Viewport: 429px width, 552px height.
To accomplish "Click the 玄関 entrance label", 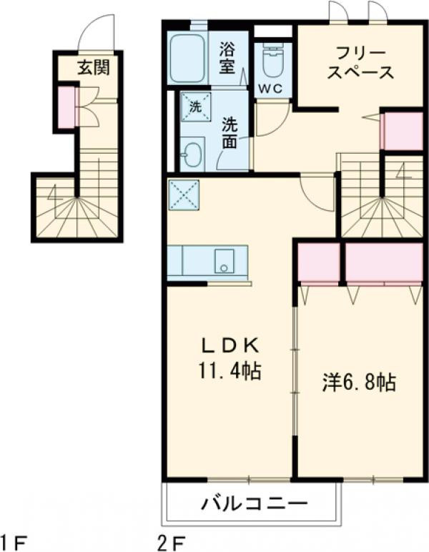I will pyautogui.click(x=89, y=69).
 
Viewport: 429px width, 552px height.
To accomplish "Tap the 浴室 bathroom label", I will pyautogui.click(x=228, y=59).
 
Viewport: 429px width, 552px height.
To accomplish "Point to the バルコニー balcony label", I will pyautogui.click(x=253, y=503).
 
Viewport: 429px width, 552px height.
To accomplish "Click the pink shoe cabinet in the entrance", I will pyautogui.click(x=66, y=107).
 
